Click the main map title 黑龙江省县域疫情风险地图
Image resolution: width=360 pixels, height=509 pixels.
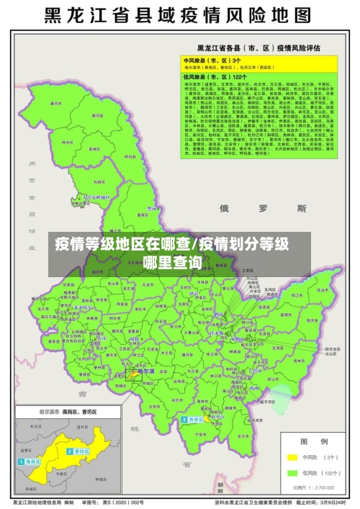click(x=179, y=15)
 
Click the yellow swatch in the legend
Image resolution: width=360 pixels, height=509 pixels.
click(x=291, y=456)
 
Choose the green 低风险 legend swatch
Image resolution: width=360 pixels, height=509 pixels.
click(x=291, y=473)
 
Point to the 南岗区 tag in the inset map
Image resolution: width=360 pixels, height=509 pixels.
click(x=30, y=461)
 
